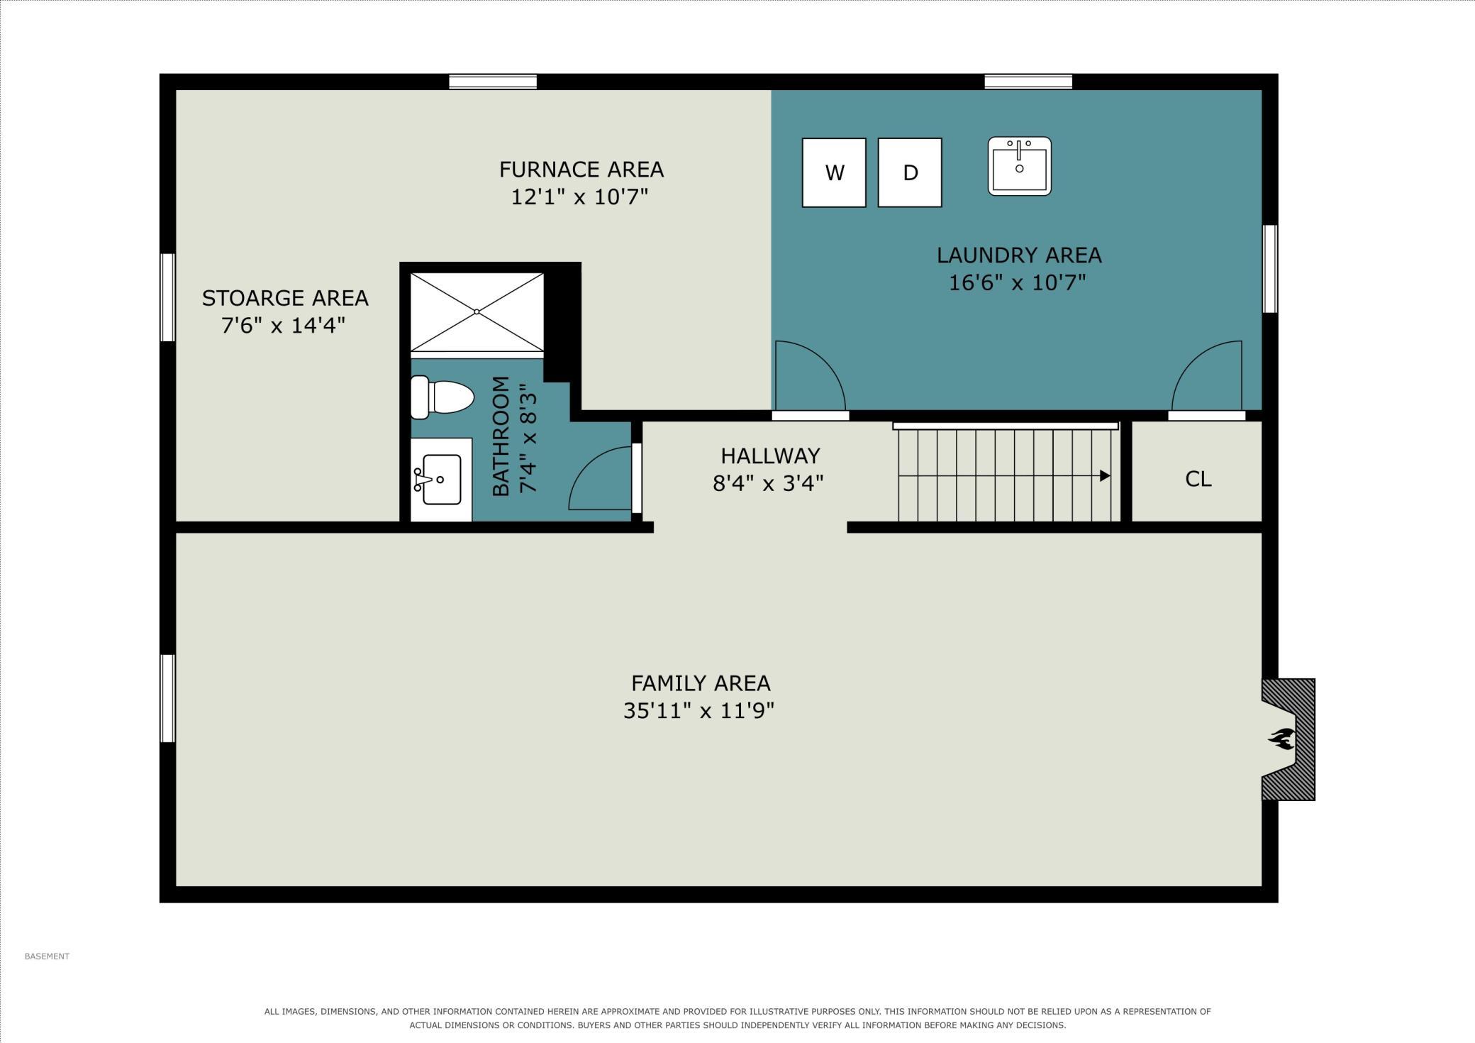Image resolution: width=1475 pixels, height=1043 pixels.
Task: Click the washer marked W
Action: pos(834,172)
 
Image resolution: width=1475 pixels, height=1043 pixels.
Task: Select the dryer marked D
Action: pos(910,172)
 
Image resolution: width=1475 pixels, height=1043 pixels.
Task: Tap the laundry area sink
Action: pos(1020,166)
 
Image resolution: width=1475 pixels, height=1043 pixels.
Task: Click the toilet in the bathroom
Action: pos(442,397)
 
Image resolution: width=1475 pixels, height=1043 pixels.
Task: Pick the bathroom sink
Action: pos(441,480)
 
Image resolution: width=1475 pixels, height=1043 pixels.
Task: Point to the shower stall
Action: pos(477,312)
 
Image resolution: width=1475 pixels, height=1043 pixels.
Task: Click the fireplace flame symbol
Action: pos(1281,739)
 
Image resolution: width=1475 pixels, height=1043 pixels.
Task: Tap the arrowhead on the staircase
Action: pos(1105,475)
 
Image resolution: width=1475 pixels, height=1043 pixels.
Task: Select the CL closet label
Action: pos(1198,479)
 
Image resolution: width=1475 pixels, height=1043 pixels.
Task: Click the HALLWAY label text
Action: pos(770,456)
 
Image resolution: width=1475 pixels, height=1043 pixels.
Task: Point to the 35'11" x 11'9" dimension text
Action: pos(698,710)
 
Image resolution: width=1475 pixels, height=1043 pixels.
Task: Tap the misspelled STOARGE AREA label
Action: pos(285,298)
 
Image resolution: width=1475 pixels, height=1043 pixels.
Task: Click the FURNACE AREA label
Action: pos(581,170)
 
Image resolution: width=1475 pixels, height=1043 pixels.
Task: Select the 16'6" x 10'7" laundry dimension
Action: pos(1018,282)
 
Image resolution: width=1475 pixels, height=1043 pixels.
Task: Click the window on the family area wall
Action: pos(168,698)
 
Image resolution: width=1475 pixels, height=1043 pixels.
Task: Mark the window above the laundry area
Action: pos(1028,82)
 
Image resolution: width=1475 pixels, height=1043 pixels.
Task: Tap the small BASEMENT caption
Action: pos(47,956)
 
